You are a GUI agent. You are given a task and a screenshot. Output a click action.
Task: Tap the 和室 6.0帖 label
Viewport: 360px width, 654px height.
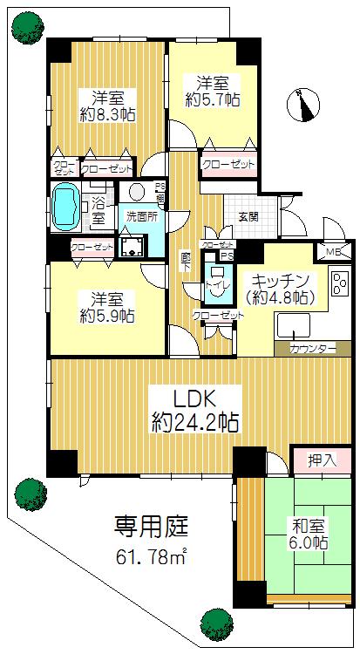tap(309, 534)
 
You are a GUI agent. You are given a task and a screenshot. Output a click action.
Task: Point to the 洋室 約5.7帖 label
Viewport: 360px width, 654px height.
tap(213, 92)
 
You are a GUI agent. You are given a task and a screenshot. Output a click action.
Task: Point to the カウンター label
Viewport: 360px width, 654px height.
tap(309, 349)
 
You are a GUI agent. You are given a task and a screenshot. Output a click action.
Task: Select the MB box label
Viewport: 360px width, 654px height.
tap(334, 253)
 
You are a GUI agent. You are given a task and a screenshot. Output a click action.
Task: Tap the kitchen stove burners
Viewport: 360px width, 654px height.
tap(338, 284)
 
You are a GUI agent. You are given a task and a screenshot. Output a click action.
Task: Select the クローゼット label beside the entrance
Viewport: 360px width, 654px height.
tap(229, 164)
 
